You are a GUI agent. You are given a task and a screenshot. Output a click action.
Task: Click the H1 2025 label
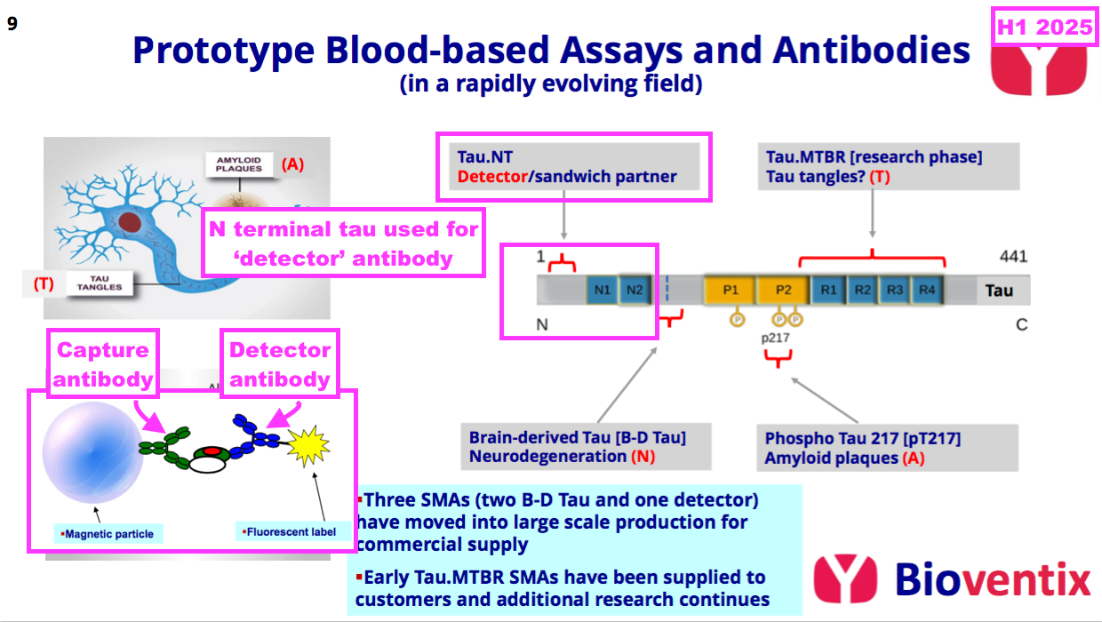coord(1044,28)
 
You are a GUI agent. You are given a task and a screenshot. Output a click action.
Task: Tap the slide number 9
coord(12,24)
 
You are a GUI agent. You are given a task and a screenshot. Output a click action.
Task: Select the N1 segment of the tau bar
coord(603,290)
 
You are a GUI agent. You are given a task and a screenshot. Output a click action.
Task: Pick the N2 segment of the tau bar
coord(634,290)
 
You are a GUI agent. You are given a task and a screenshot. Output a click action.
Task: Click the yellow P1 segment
coord(731,290)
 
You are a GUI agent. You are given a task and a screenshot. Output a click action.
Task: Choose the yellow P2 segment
coord(783,290)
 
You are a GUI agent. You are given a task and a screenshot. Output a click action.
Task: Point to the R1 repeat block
coord(828,290)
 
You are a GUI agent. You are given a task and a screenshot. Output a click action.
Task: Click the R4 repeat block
coord(927,290)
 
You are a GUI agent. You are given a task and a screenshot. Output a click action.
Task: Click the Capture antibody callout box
coord(101,364)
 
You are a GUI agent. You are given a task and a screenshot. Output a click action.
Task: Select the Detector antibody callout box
coord(280,364)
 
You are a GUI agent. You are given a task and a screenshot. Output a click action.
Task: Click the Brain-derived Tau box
coord(590,447)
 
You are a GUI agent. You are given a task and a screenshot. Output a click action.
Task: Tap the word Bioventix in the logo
coord(992,579)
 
